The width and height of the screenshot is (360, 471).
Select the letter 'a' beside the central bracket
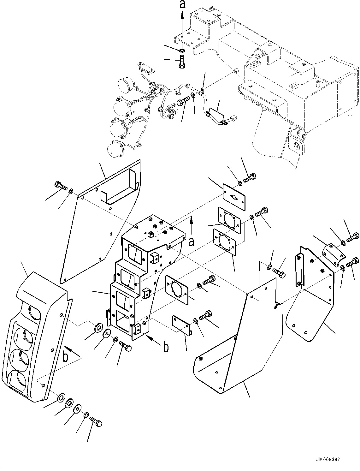(x=191, y=242)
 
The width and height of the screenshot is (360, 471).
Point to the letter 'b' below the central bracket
(x=166, y=347)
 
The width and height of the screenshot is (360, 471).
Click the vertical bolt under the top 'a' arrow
(x=182, y=61)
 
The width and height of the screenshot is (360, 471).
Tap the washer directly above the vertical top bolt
(x=182, y=50)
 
